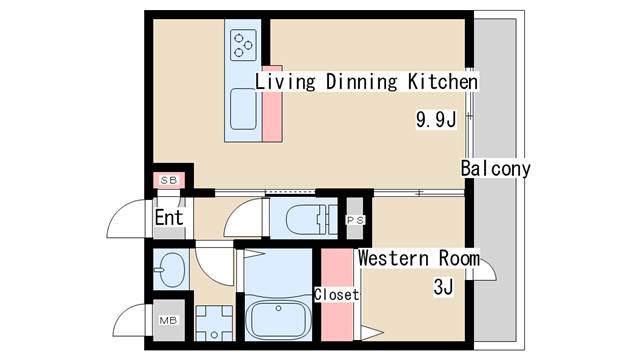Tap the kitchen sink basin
click(243, 109)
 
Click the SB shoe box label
click(169, 180)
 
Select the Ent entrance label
click(169, 217)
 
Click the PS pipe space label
click(355, 220)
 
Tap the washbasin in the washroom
click(171, 269)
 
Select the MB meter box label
click(168, 320)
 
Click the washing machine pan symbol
click(214, 323)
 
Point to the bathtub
click(278, 320)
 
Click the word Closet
click(336, 294)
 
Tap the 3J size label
click(443, 287)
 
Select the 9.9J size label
click(436, 119)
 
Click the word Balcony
click(496, 168)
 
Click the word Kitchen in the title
click(443, 81)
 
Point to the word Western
click(393, 258)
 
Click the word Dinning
click(361, 81)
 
